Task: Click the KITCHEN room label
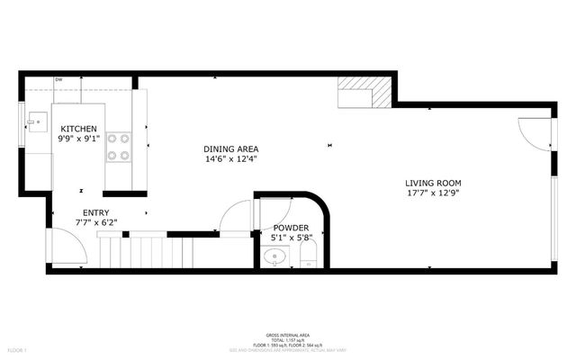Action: click(78, 129)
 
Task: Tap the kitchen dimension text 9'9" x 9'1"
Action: click(78, 139)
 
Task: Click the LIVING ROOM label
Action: click(439, 183)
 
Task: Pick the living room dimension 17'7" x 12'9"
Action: click(439, 193)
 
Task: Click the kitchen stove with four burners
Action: click(119, 148)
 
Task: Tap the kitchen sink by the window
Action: click(38, 119)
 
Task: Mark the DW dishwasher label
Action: click(58, 80)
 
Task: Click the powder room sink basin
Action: click(275, 257)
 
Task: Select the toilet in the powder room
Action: click(307, 260)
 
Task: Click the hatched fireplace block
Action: click(365, 92)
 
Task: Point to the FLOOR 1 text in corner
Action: click(17, 348)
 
